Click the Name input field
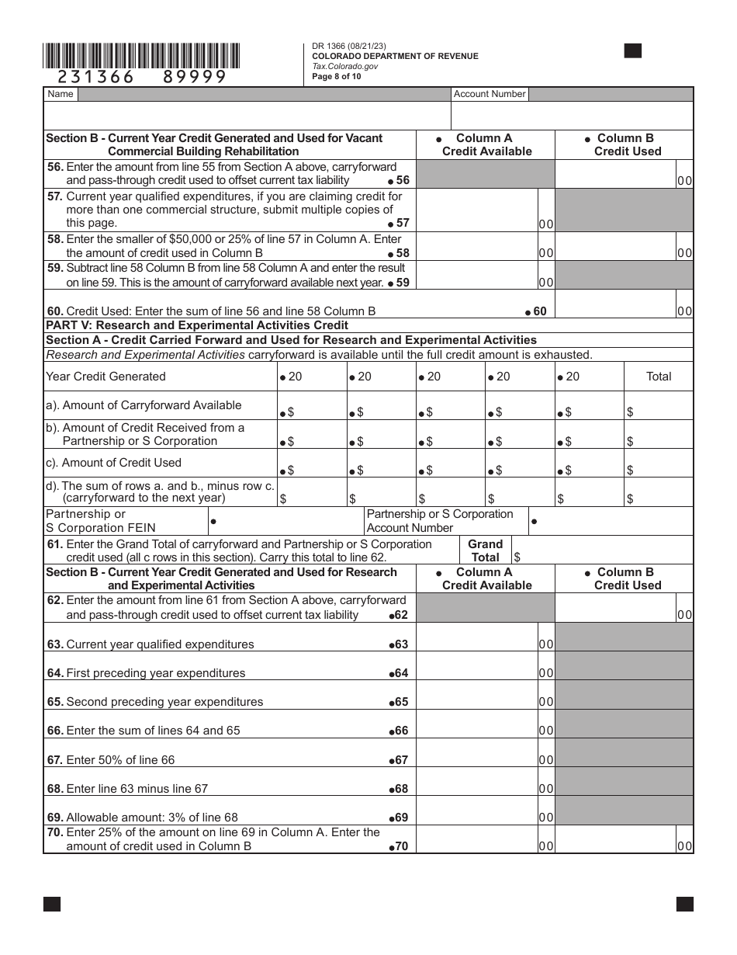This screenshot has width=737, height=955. (264, 94)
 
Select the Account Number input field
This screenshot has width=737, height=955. (611, 94)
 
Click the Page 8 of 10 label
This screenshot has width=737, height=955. (337, 77)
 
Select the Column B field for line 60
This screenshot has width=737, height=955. (616, 304)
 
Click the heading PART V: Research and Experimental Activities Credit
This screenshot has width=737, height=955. (197, 325)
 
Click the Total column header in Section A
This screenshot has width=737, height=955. (658, 377)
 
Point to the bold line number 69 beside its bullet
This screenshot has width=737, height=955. (401, 818)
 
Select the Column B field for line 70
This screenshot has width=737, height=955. (616, 840)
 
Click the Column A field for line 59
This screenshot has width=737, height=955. (476, 276)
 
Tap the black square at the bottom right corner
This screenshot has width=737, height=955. (684, 904)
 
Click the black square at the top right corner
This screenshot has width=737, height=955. (633, 51)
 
